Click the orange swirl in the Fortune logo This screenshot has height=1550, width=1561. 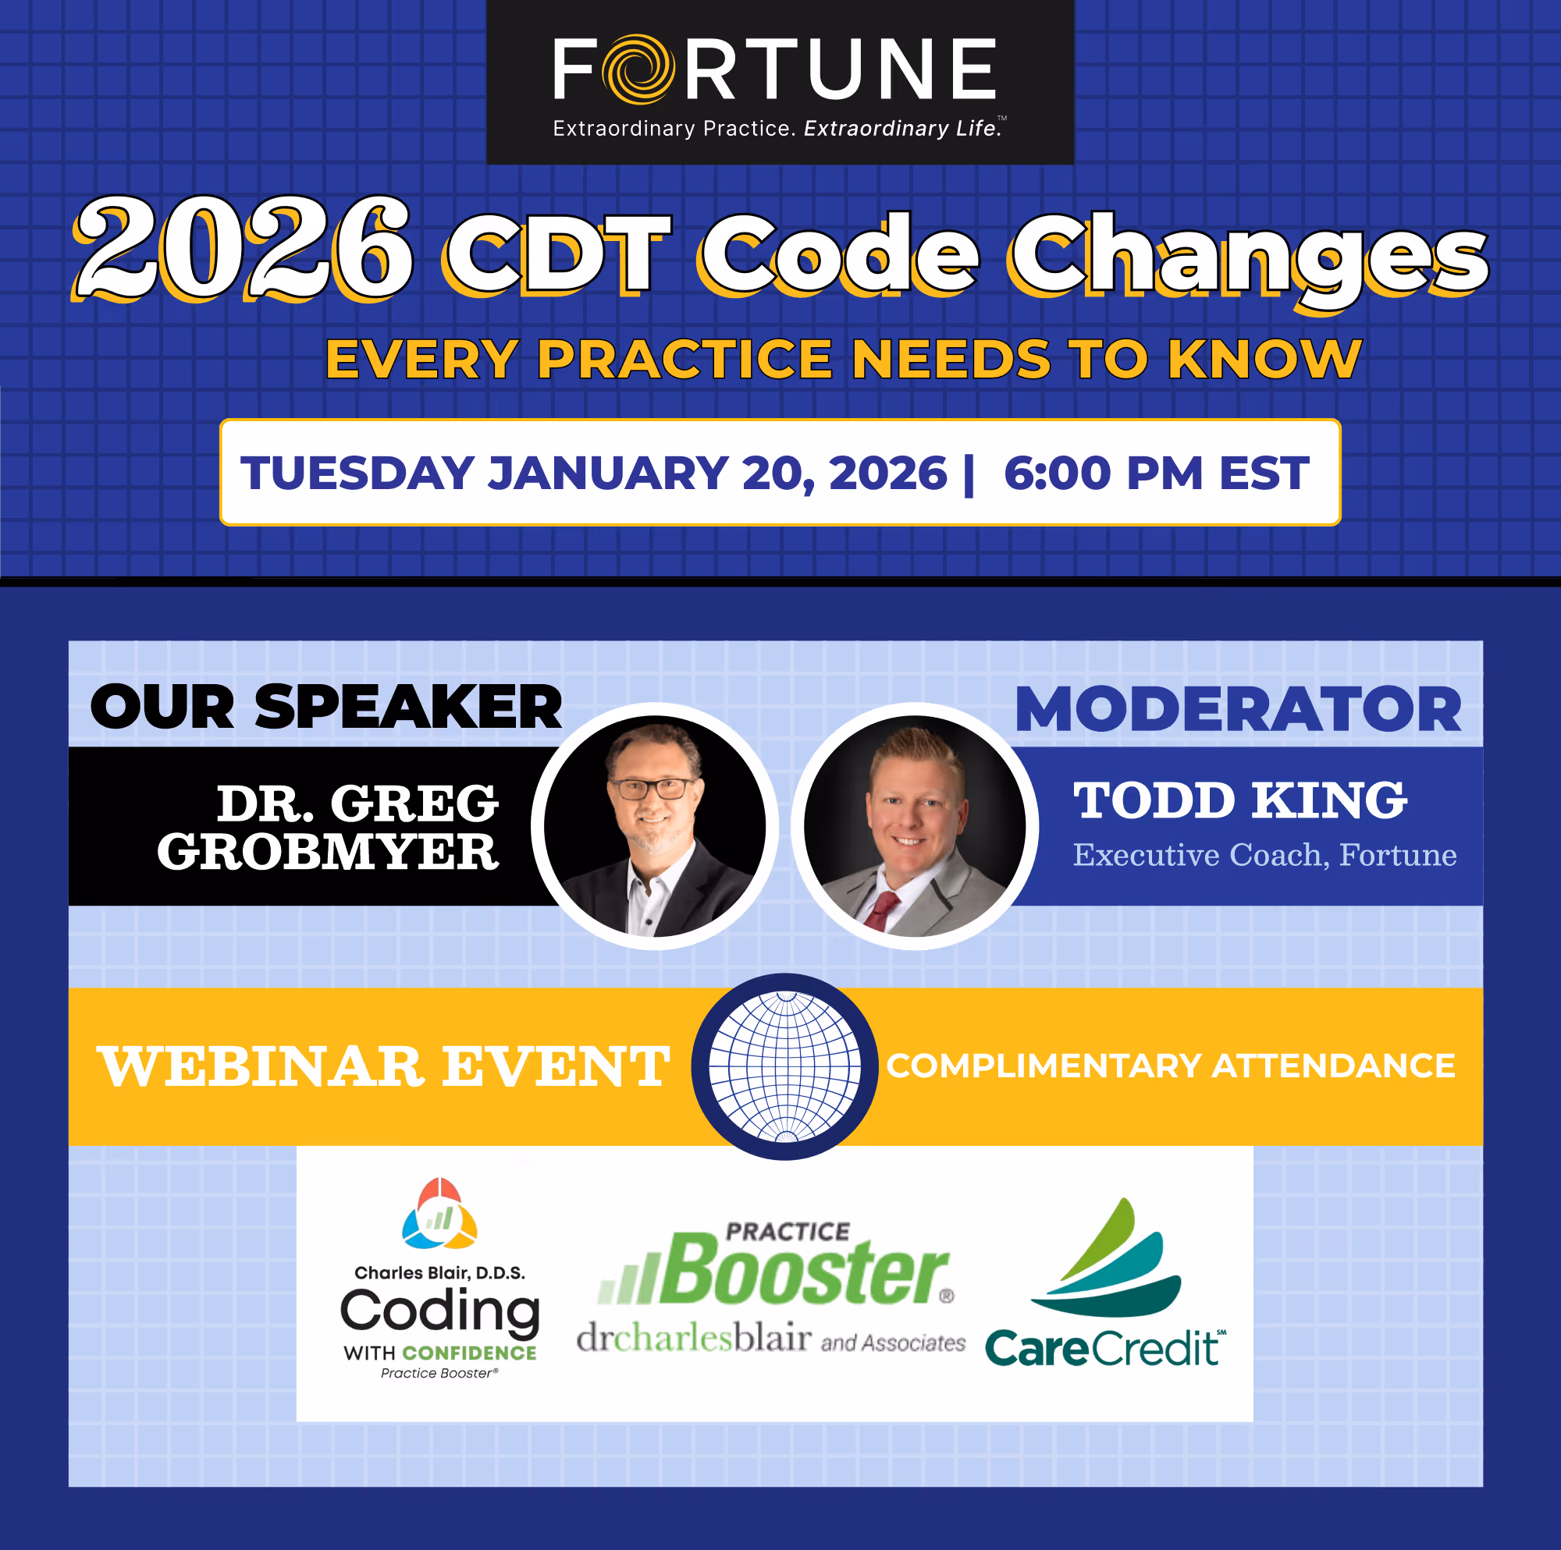638,69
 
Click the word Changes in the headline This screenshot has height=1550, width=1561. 1247,256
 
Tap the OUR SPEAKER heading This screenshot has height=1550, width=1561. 325,707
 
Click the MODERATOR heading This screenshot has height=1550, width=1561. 1238,710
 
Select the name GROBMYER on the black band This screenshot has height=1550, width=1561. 327,851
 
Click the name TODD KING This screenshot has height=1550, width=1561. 1239,800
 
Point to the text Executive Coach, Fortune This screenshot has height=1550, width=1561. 1264,854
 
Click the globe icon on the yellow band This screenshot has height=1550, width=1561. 784,1066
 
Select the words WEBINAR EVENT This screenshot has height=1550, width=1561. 383,1066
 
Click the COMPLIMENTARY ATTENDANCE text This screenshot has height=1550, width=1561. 1171,1066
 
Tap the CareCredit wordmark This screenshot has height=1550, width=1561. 1104,1348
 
